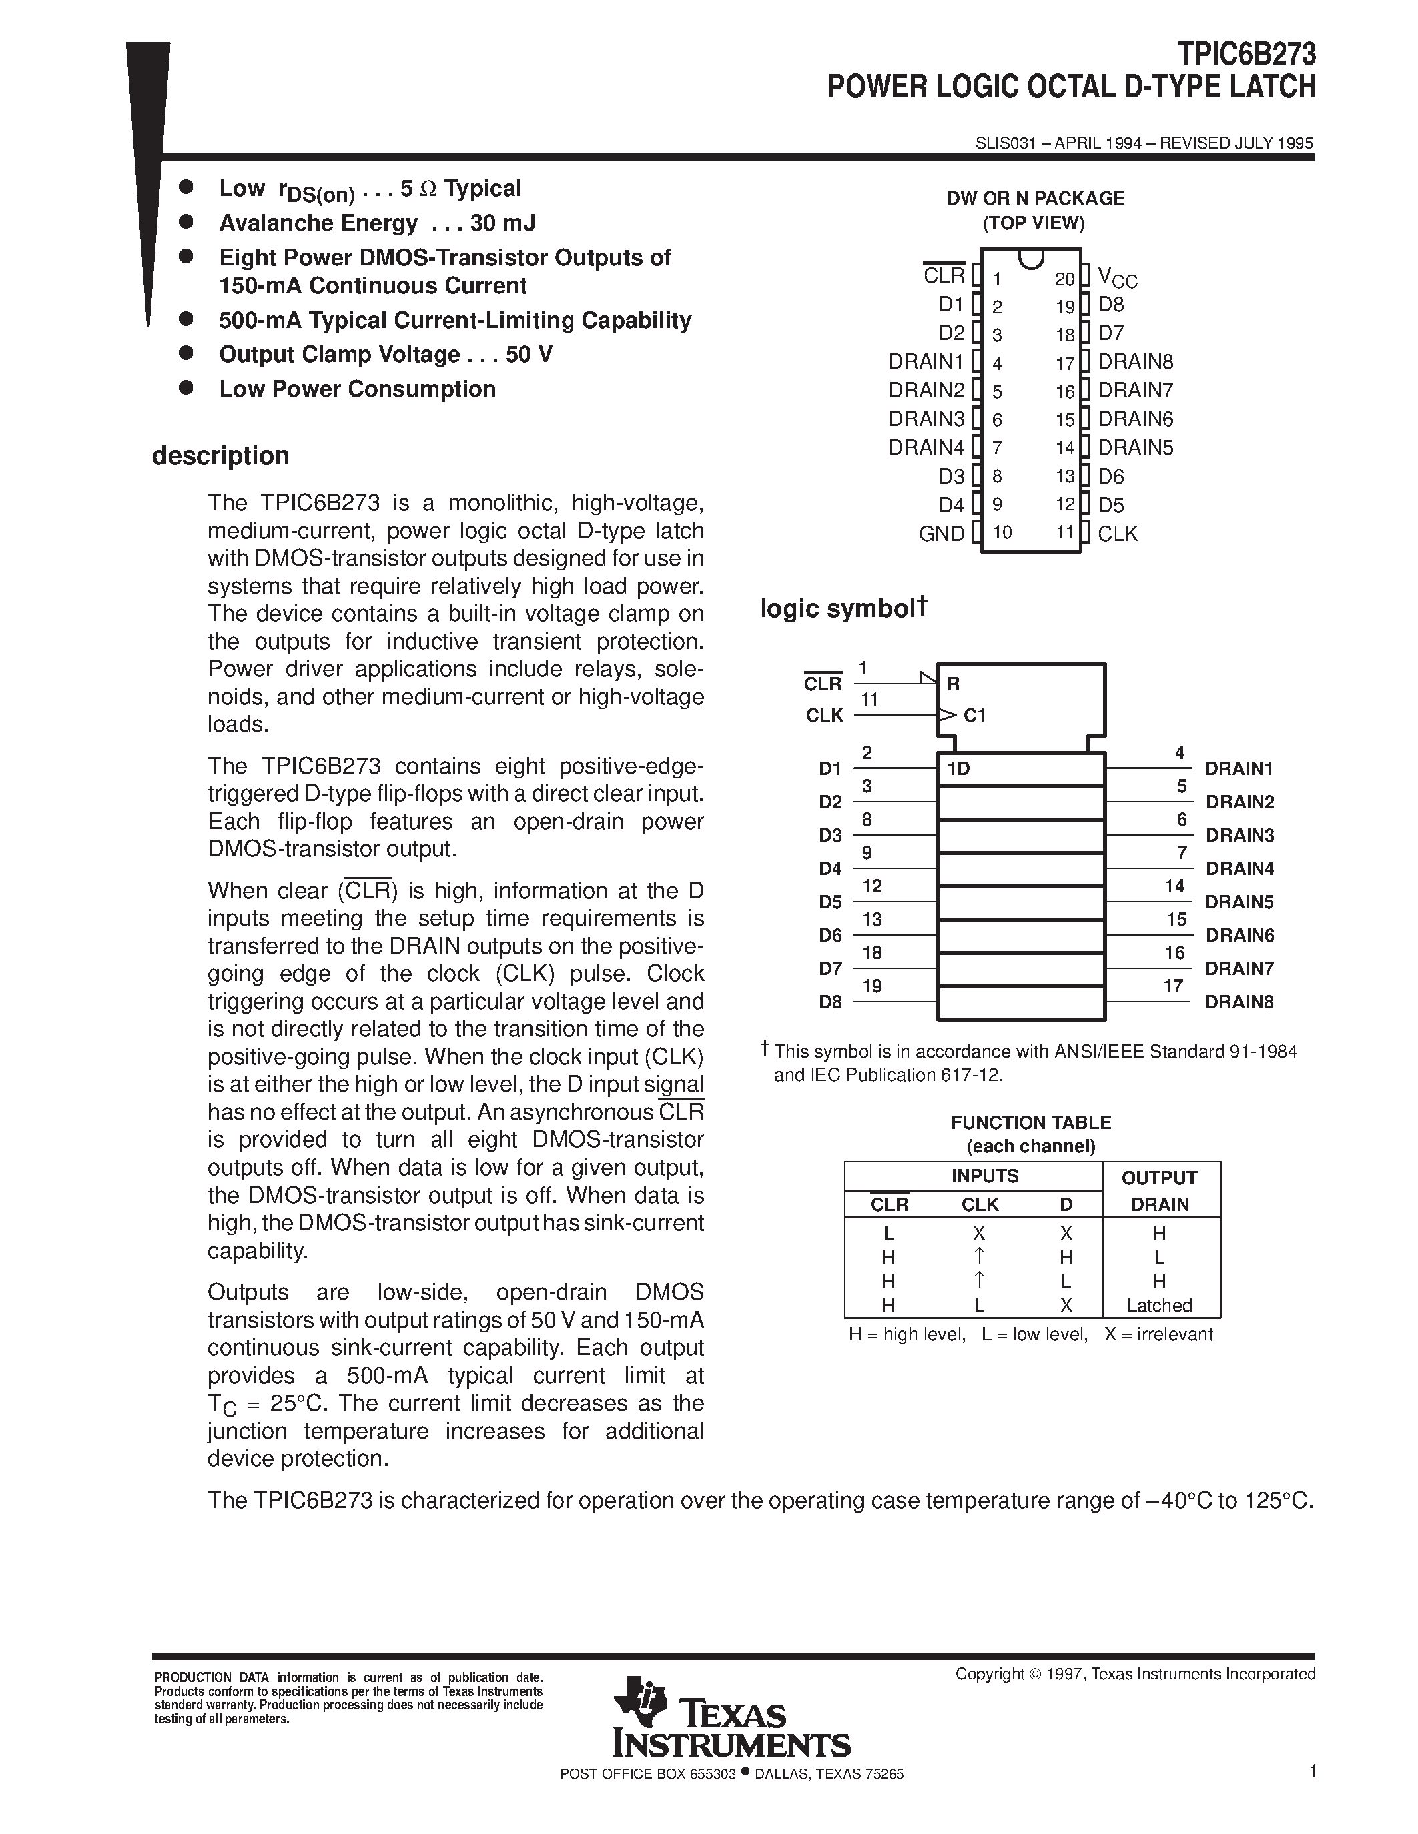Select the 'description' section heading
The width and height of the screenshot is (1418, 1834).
[220, 456]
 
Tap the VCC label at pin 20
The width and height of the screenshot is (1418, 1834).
[1117, 277]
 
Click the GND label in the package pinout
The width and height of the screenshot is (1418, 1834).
[941, 534]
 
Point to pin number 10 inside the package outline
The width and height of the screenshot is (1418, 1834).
[1002, 532]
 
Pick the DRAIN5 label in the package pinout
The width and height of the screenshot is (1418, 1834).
[1135, 447]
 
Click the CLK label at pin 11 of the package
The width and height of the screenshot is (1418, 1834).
[1117, 534]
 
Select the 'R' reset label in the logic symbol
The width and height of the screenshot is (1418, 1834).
[953, 684]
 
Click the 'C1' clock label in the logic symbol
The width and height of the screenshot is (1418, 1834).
[974, 716]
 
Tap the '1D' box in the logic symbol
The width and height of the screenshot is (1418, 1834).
[958, 768]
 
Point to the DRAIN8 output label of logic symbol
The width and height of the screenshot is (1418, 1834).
[1239, 1002]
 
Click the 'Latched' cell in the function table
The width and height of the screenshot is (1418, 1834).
[1159, 1305]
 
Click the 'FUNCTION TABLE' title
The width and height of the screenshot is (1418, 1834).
[1031, 1122]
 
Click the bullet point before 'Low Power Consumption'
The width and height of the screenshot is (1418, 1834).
[186, 388]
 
